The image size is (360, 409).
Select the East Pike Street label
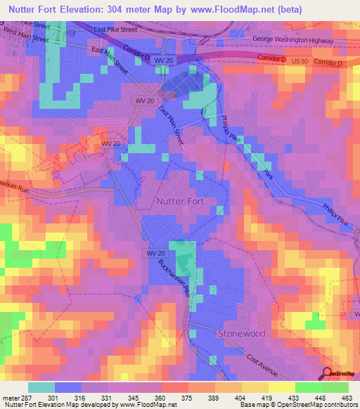tap(115, 30)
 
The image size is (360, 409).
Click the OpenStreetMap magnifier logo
tap(326, 373)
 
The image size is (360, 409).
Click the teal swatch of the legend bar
tap(41, 387)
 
